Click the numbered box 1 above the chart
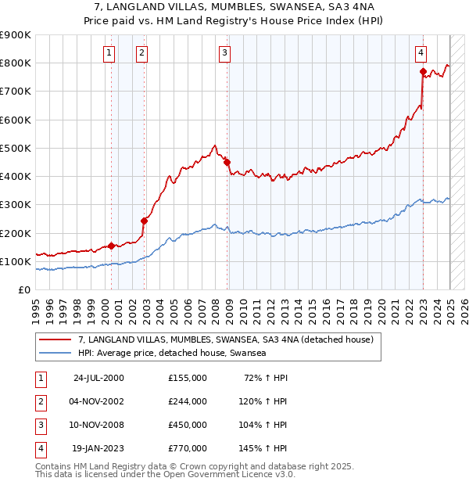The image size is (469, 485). pyautogui.click(x=108, y=53)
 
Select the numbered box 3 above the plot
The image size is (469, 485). pyautogui.click(x=224, y=53)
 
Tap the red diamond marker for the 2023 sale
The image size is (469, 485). pyautogui.click(x=423, y=72)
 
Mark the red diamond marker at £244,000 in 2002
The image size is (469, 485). pyautogui.click(x=145, y=221)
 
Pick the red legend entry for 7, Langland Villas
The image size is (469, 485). pyautogui.click(x=226, y=339)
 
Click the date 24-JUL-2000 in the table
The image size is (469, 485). pyautogui.click(x=98, y=378)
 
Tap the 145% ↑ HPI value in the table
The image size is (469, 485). pyautogui.click(x=263, y=448)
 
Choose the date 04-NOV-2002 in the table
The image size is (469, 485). pyautogui.click(x=98, y=401)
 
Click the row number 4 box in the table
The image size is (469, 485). pyautogui.click(x=39, y=448)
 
